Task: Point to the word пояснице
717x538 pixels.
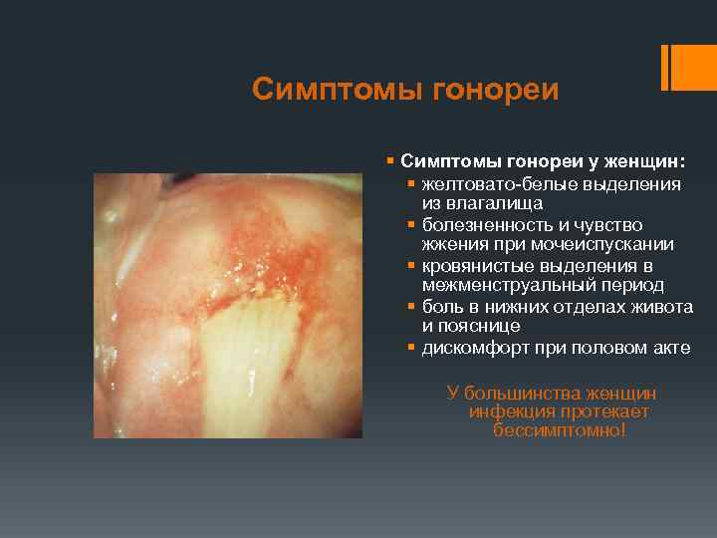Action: [480, 326]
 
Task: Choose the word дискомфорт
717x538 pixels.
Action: [474, 349]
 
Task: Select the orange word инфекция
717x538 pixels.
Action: [508, 412]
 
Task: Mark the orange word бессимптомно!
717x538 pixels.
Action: [559, 430]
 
